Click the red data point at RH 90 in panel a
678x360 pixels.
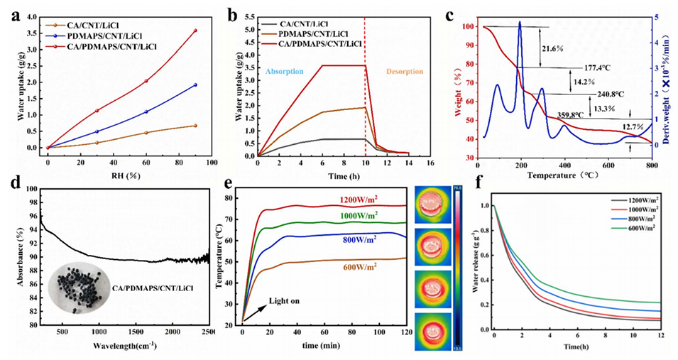click(x=195, y=31)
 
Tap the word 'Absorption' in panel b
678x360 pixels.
click(x=285, y=72)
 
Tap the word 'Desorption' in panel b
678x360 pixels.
click(x=405, y=72)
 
